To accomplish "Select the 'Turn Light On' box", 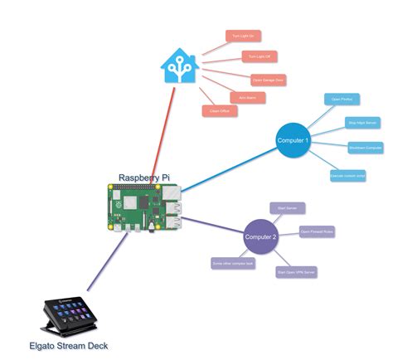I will [243, 36].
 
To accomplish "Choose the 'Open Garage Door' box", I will [268, 80].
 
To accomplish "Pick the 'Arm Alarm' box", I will [247, 98].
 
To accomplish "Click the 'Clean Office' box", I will [220, 111].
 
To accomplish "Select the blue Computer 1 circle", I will [293, 140].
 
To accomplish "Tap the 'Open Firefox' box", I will [342, 99].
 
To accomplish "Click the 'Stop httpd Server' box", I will [361, 122].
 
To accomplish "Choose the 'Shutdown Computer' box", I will [366, 148].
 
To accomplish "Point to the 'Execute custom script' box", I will [347, 175].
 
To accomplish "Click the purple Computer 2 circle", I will [260, 237].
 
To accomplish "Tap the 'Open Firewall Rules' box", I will [317, 231].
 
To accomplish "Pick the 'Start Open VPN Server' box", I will [296, 271].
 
